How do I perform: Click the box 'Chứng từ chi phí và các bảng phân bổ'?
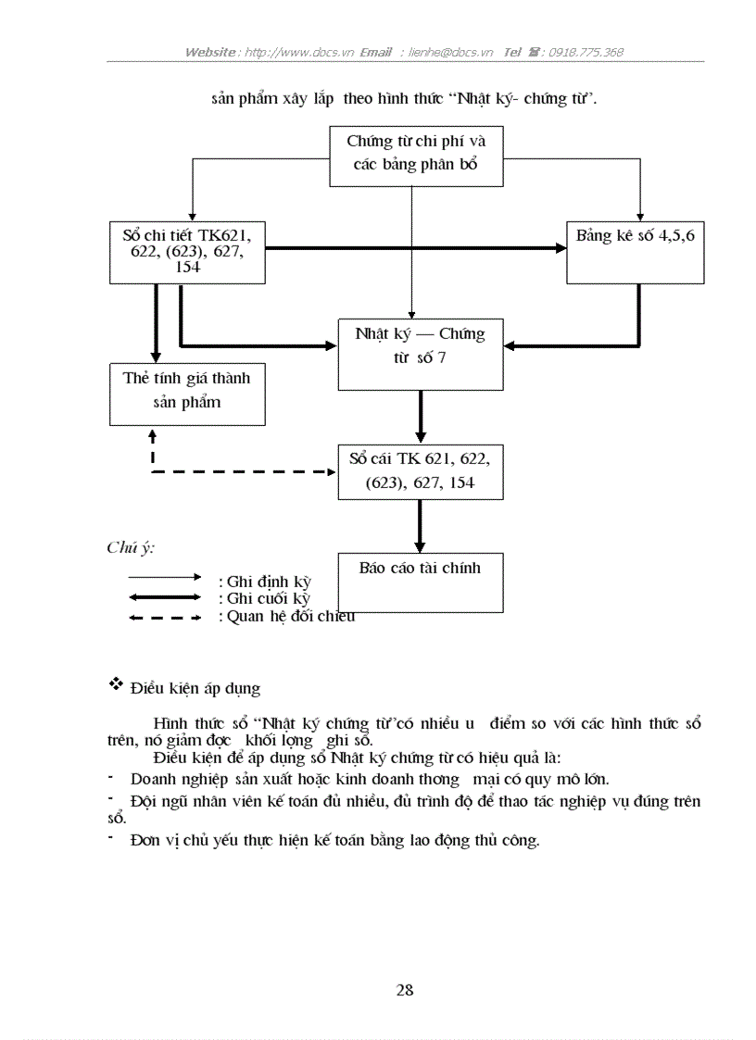pyautogui.click(x=416, y=155)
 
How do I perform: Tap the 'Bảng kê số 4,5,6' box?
pyautogui.click(x=635, y=251)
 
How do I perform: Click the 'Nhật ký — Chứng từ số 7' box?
pyautogui.click(x=420, y=345)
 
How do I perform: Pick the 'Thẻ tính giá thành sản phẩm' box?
pyautogui.click(x=187, y=391)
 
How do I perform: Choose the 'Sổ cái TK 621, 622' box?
pyautogui.click(x=420, y=470)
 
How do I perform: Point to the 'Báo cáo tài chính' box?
pyautogui.click(x=420, y=582)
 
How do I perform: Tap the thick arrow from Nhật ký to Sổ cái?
pyautogui.click(x=421, y=416)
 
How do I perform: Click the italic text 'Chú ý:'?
pyautogui.click(x=131, y=547)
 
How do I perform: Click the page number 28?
pyautogui.click(x=405, y=990)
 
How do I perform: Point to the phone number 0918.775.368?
pyautogui.click(x=586, y=52)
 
